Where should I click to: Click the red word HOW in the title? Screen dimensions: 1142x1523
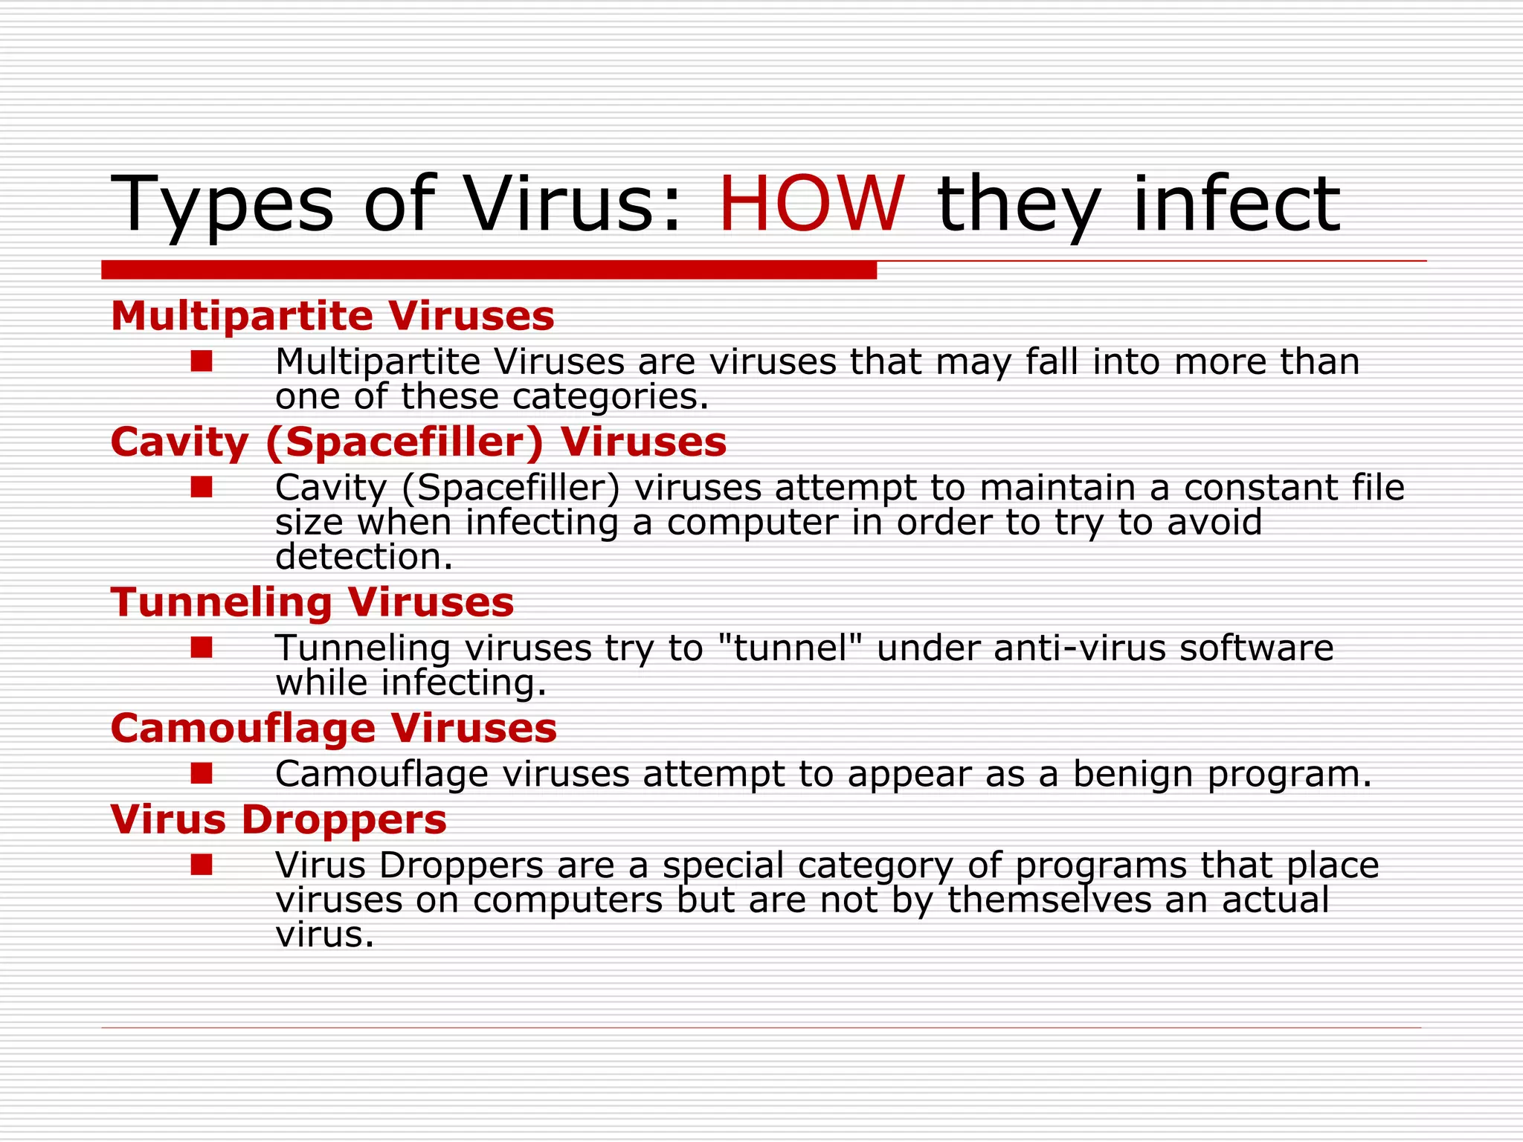tap(811, 204)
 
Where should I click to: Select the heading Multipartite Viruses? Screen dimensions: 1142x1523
tap(332, 316)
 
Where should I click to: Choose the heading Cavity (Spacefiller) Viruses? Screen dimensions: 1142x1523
tap(418, 442)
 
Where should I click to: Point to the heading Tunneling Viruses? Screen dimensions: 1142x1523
tap(312, 602)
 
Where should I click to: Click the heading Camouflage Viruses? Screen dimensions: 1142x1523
tap(333, 728)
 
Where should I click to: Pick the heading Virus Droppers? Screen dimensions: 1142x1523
tap(278, 819)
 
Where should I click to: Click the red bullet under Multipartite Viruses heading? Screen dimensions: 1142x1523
tap(202, 362)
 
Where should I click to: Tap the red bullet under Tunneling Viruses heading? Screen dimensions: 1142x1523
tap(202, 648)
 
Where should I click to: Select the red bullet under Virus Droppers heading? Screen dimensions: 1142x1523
tap(202, 865)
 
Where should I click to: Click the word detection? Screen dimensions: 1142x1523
tap(364, 557)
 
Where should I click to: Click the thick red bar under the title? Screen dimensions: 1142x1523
tap(489, 270)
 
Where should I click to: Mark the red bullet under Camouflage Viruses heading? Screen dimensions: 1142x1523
tap(202, 774)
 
